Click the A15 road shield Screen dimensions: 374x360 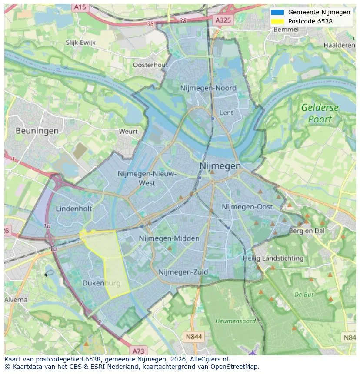tap(80, 7)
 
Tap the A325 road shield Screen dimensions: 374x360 tap(223, 20)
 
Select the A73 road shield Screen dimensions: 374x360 tap(138, 351)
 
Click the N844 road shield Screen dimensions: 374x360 tap(194, 337)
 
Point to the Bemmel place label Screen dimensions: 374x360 tap(286, 30)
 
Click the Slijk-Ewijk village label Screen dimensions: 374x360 tap(80, 43)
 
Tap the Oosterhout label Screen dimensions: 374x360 tap(150, 65)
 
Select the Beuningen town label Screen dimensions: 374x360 tap(37, 130)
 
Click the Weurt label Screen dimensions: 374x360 tap(128, 131)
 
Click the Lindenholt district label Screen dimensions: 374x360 tap(74, 209)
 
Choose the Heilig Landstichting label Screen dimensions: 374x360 tap(273, 258)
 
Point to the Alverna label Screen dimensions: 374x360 tap(16, 300)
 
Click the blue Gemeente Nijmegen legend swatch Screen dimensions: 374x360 tap(277, 12)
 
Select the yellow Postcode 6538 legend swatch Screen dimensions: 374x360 tap(277, 21)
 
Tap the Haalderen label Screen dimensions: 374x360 tap(339, 45)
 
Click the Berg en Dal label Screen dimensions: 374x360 tap(307, 231)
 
